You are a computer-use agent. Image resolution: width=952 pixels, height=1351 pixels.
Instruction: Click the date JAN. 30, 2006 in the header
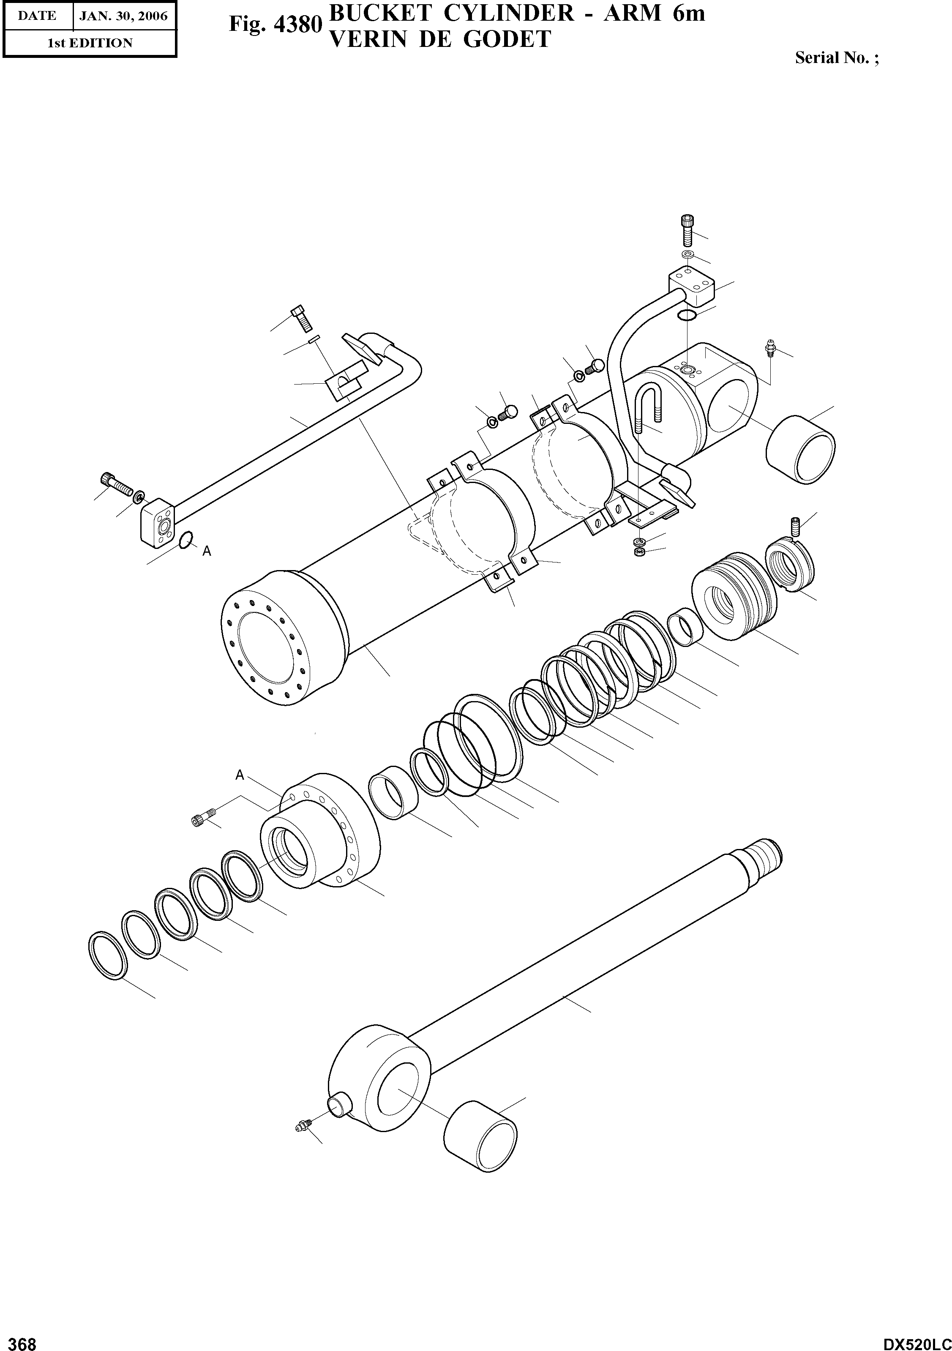(123, 16)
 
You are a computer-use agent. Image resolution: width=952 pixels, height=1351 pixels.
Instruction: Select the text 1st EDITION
(90, 43)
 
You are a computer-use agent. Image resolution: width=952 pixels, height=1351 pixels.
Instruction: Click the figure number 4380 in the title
(300, 25)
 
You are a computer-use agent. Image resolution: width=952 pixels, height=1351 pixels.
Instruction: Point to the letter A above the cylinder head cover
(240, 775)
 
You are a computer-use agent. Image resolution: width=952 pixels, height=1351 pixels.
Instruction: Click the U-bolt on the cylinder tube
(648, 406)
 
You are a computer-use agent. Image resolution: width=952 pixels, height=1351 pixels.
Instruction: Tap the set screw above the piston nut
(795, 525)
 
